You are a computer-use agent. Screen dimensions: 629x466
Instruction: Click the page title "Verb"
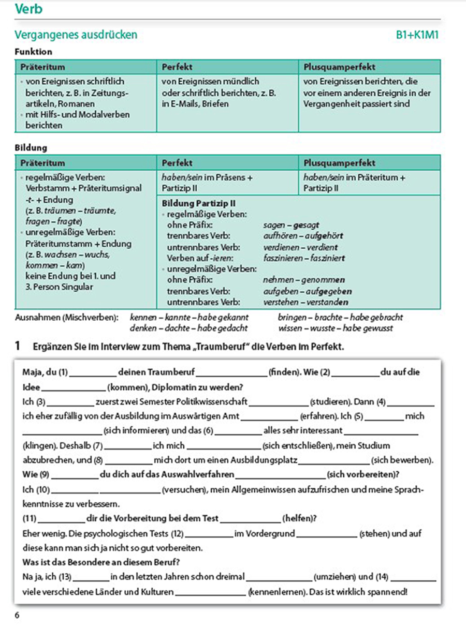tap(29, 9)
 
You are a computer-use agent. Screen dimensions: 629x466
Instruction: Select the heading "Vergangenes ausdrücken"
tap(76, 35)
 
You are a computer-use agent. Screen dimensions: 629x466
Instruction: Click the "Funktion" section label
tap(34, 52)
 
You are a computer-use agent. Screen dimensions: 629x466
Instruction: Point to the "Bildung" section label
tap(31, 148)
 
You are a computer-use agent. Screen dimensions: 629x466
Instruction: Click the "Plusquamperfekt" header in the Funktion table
tap(340, 67)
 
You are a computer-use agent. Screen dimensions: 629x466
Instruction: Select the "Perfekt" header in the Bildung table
tap(177, 163)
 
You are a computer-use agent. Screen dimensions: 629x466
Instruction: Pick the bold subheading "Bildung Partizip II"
tap(199, 203)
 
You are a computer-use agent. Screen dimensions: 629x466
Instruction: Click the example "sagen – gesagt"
tap(291, 225)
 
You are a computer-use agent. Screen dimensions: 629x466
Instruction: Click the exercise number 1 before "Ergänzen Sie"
tap(18, 347)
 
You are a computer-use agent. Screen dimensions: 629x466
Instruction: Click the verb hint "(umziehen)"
tap(334, 577)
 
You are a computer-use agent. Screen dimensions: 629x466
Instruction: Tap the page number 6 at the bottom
tap(17, 616)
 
